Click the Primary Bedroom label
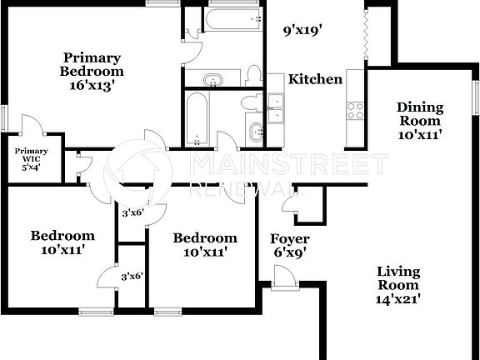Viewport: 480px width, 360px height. (92, 64)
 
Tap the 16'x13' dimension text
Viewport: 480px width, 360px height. (92, 84)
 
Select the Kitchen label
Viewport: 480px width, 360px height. (315, 80)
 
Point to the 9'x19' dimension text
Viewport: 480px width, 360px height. (302, 32)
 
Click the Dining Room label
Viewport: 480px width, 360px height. (419, 113)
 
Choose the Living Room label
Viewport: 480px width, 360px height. (397, 278)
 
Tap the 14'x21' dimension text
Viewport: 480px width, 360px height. (397, 297)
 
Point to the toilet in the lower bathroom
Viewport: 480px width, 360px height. (249, 103)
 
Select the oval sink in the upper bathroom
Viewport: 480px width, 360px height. (214, 80)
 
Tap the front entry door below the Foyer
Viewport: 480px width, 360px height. (284, 284)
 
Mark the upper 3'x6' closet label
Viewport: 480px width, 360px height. (133, 213)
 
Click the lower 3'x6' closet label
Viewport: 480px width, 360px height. (133, 276)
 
